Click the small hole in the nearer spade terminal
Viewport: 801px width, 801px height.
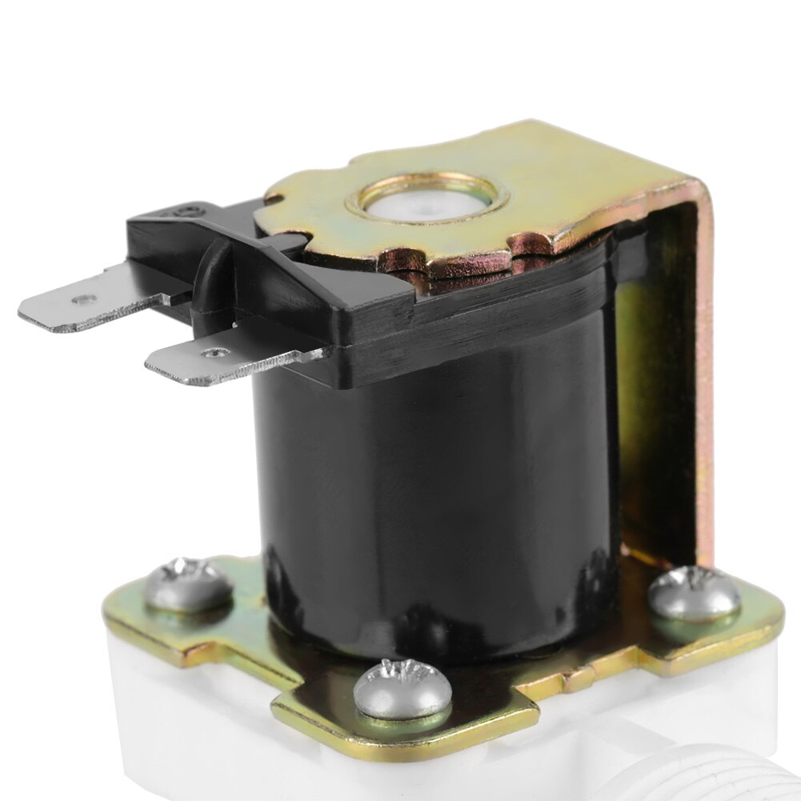(214, 351)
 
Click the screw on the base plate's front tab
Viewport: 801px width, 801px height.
(403, 688)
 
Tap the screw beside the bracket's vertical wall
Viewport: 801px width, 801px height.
(693, 593)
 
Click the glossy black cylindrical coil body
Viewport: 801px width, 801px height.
(432, 496)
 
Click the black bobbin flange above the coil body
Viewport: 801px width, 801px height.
(480, 320)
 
